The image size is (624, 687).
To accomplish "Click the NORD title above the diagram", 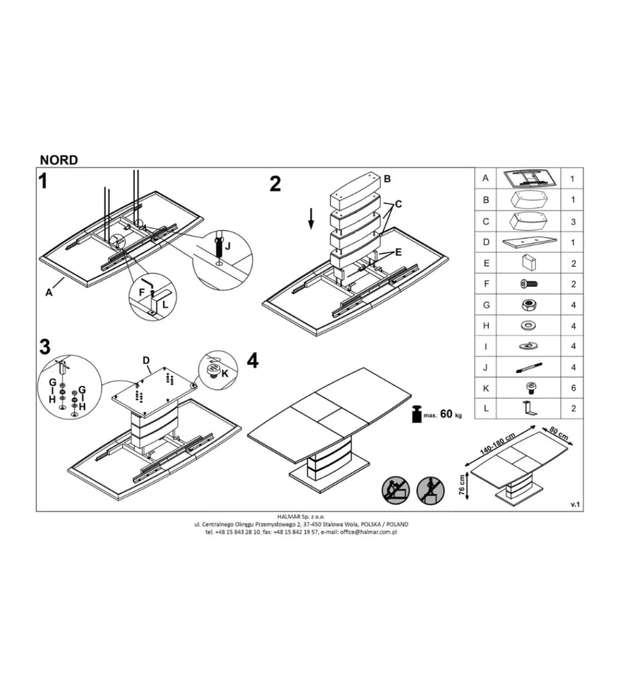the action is coord(58,160).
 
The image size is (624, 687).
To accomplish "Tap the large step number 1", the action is coord(43,181).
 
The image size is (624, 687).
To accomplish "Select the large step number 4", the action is coord(253,361).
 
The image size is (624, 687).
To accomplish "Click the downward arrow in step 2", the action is coord(310,218).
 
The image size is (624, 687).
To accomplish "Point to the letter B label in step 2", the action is coord(387,179).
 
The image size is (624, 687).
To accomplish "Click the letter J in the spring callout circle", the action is coord(227,246).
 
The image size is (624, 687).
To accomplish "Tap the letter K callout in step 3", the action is coord(225,374).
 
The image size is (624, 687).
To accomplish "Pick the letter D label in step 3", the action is coord(146,360).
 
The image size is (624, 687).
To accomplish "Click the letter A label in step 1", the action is coord(49,292).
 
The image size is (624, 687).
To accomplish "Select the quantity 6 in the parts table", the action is coord(573,388).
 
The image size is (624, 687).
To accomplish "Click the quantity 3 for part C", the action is coord(573,222).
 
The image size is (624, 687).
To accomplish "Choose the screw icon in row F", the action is coord(529,284).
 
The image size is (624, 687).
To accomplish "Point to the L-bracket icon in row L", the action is coord(529,409).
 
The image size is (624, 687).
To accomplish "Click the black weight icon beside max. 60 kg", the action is coord(417,414).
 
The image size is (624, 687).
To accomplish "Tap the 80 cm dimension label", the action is coord(558,433).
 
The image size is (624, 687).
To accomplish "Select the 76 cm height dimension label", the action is coord(461,485).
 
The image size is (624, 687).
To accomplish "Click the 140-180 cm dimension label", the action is coord(497,444).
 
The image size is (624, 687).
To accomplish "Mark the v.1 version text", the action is coord(575,504).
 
